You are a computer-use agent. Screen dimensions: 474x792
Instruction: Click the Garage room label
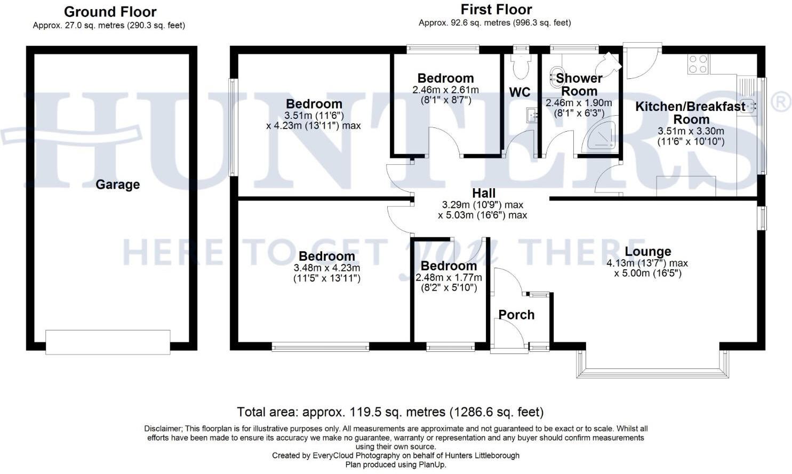click(x=117, y=184)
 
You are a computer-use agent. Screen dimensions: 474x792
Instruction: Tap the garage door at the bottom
click(x=108, y=342)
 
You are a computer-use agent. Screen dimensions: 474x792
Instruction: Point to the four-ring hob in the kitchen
click(x=698, y=64)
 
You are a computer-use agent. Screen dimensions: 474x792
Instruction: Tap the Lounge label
click(x=647, y=252)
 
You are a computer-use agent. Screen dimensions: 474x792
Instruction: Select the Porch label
click(x=516, y=315)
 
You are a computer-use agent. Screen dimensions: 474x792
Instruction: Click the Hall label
click(x=484, y=193)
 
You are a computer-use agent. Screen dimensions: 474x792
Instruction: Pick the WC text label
click(x=519, y=92)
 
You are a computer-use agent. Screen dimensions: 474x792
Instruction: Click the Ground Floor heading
click(x=110, y=12)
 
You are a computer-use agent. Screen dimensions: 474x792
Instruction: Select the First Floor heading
click(x=496, y=10)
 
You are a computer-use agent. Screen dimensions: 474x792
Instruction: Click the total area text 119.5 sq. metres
click(x=390, y=412)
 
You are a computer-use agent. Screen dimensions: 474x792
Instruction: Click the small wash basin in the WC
click(x=531, y=114)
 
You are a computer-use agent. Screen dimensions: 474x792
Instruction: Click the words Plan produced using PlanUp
click(x=395, y=464)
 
